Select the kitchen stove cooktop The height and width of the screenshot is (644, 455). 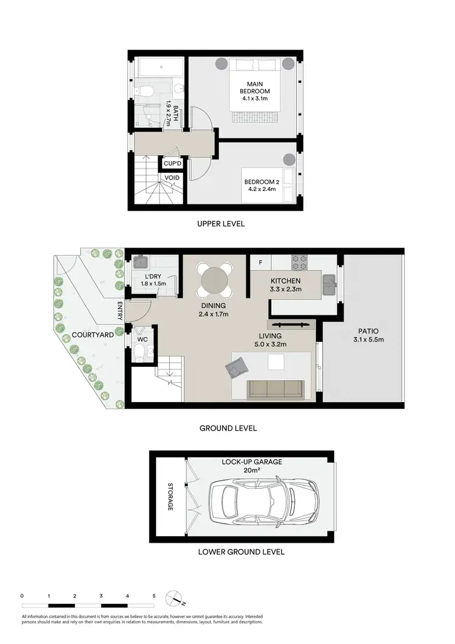300,262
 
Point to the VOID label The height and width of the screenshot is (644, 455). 171,177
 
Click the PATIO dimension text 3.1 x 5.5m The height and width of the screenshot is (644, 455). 369,340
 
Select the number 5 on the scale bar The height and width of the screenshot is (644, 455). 154,596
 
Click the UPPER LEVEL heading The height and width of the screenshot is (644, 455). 221,224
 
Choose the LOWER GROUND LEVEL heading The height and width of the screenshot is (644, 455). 241,552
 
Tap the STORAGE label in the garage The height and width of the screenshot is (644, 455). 170,497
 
